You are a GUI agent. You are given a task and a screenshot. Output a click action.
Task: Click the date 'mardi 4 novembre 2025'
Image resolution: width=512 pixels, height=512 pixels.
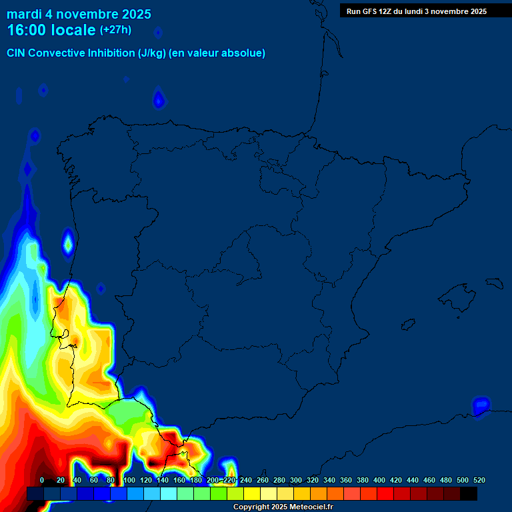[x=79, y=14]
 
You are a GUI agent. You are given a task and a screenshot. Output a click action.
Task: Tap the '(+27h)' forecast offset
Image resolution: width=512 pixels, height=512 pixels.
[x=115, y=29]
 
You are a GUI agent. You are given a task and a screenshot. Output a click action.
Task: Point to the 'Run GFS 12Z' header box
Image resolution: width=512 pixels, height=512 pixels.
[x=416, y=11]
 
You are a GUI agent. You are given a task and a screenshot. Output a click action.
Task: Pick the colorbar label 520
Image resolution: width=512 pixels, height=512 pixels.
[x=479, y=480]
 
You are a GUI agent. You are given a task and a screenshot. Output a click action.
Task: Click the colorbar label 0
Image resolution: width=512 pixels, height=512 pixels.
[x=42, y=480]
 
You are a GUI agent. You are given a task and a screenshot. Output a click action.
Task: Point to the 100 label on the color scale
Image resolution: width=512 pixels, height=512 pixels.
[x=129, y=480]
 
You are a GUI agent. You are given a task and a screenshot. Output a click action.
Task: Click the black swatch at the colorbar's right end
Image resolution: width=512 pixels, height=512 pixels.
[x=469, y=493]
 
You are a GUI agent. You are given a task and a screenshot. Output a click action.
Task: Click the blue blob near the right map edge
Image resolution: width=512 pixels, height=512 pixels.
[x=481, y=405]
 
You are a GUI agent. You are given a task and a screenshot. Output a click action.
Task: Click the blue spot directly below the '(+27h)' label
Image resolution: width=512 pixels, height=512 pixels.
[x=159, y=100]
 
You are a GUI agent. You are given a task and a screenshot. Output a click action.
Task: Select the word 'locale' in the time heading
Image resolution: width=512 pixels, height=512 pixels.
[x=73, y=30]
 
